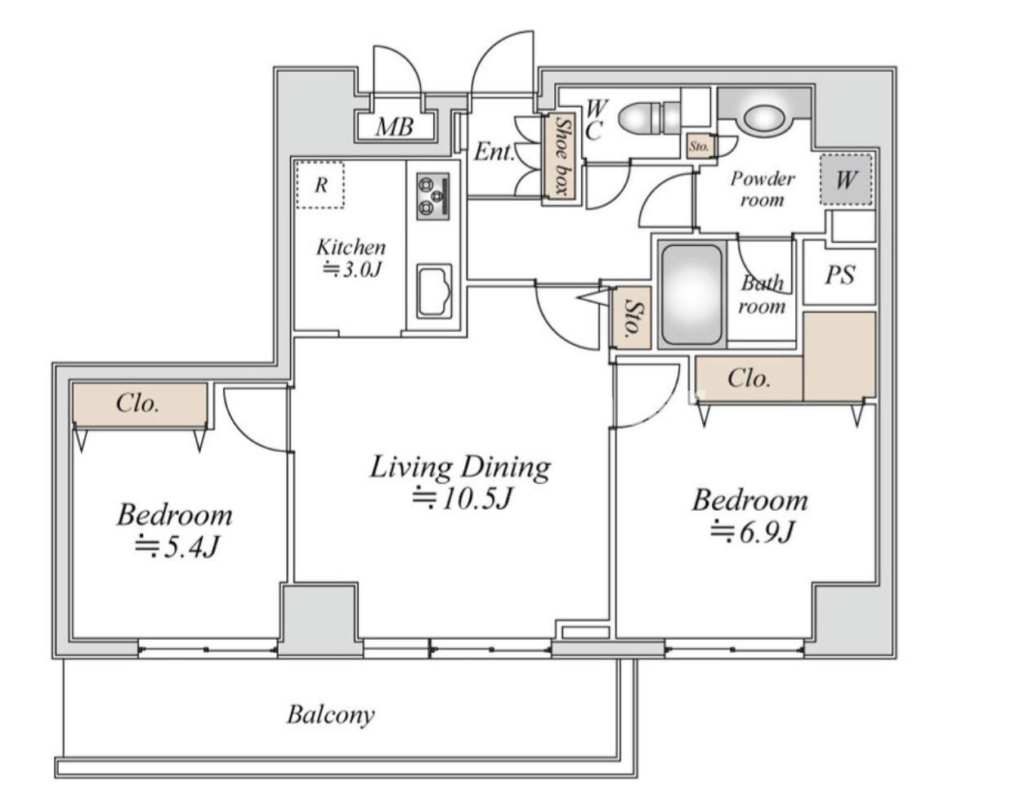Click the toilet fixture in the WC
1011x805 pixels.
click(649, 119)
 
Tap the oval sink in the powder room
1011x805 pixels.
click(763, 119)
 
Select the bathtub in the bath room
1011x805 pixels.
click(691, 295)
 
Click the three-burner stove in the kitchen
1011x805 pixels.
click(432, 196)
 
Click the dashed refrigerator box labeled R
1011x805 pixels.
click(320, 185)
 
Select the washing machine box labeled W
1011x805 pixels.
click(846, 180)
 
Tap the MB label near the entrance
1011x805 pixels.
click(395, 127)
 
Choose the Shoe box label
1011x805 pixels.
click(561, 156)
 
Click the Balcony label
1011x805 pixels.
click(331, 715)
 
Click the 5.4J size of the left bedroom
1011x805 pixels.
click(177, 547)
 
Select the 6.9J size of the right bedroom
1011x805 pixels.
click(752, 531)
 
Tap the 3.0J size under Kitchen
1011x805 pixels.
click(351, 271)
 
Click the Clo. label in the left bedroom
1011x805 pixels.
click(137, 403)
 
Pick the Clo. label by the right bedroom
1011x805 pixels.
click(749, 378)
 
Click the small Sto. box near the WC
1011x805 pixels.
click(699, 146)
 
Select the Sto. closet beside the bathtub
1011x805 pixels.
click(633, 318)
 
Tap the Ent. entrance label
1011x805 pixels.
click(494, 152)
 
